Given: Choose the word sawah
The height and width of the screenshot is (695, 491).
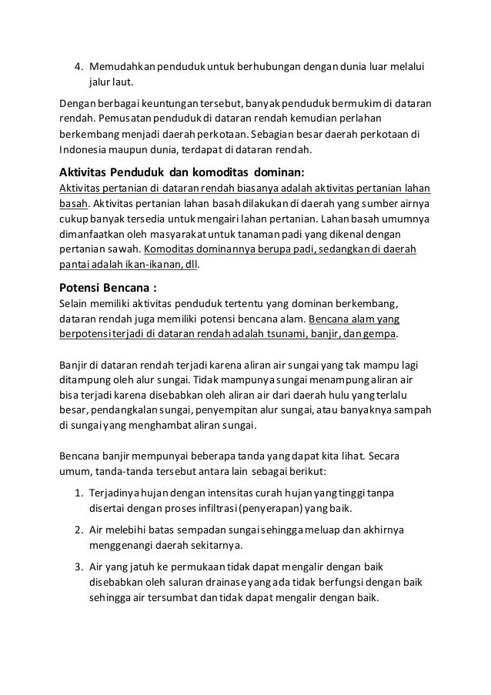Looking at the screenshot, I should (126, 250).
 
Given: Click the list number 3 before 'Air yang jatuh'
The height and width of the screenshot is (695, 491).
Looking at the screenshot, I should (79, 567).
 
